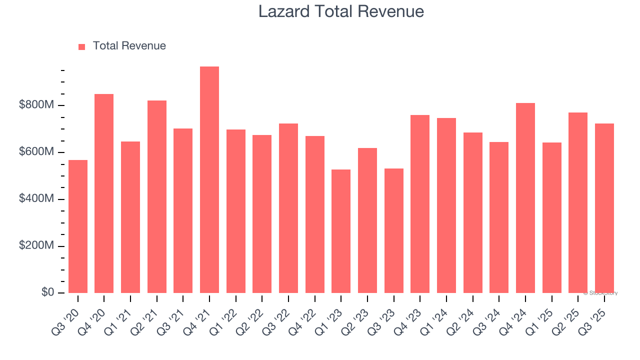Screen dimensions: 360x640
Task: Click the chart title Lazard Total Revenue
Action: tap(341, 11)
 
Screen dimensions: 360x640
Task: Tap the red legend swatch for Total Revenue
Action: tap(82, 46)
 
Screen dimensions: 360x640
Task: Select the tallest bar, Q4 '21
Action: tap(209, 179)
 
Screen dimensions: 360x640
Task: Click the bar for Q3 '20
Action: tap(78, 226)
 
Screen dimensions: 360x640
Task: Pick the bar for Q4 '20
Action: tap(104, 193)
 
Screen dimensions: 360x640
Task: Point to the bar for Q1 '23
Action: tap(341, 231)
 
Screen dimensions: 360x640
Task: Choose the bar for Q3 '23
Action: tap(393, 230)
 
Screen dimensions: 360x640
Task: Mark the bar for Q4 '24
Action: tap(525, 198)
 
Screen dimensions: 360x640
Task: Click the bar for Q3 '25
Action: tap(604, 208)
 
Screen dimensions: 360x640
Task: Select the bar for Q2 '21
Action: tap(157, 196)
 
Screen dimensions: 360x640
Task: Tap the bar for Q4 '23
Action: tap(420, 204)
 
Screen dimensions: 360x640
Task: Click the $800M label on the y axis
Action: tap(36, 105)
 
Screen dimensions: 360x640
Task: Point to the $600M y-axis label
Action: tap(36, 152)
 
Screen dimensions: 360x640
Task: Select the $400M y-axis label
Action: tap(36, 199)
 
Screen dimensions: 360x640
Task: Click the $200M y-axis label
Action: tap(36, 246)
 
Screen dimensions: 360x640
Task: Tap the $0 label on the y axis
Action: tap(48, 292)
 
